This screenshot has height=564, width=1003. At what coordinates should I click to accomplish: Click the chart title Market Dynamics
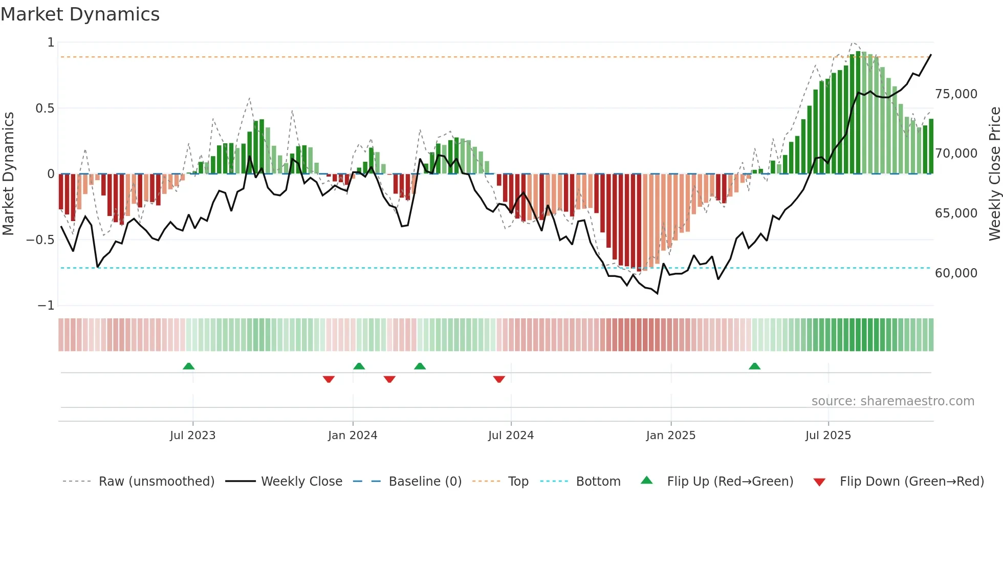(x=80, y=14)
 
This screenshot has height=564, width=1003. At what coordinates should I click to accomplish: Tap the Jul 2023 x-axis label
(x=192, y=436)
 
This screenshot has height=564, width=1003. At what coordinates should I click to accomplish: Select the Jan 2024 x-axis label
(x=353, y=436)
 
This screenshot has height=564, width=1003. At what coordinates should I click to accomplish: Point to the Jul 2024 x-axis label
(x=511, y=436)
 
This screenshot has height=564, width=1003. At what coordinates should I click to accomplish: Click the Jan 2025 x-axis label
(x=671, y=436)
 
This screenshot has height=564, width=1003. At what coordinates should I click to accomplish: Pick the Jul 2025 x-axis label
(x=828, y=436)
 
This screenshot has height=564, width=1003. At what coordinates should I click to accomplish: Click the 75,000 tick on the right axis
(x=956, y=94)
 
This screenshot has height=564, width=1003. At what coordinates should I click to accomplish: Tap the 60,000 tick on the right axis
(x=956, y=273)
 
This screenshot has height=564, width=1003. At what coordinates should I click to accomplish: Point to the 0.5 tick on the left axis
(x=45, y=109)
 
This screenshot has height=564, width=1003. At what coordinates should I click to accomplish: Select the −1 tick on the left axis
(x=46, y=306)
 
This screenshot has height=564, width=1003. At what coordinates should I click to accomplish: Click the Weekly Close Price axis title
(x=994, y=173)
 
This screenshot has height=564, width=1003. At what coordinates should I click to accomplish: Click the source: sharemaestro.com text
(x=892, y=401)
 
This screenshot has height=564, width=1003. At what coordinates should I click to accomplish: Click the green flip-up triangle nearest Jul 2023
(x=188, y=366)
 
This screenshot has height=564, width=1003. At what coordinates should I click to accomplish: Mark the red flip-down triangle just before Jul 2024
(x=499, y=379)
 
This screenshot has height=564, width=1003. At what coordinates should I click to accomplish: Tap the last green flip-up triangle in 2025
(x=754, y=366)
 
